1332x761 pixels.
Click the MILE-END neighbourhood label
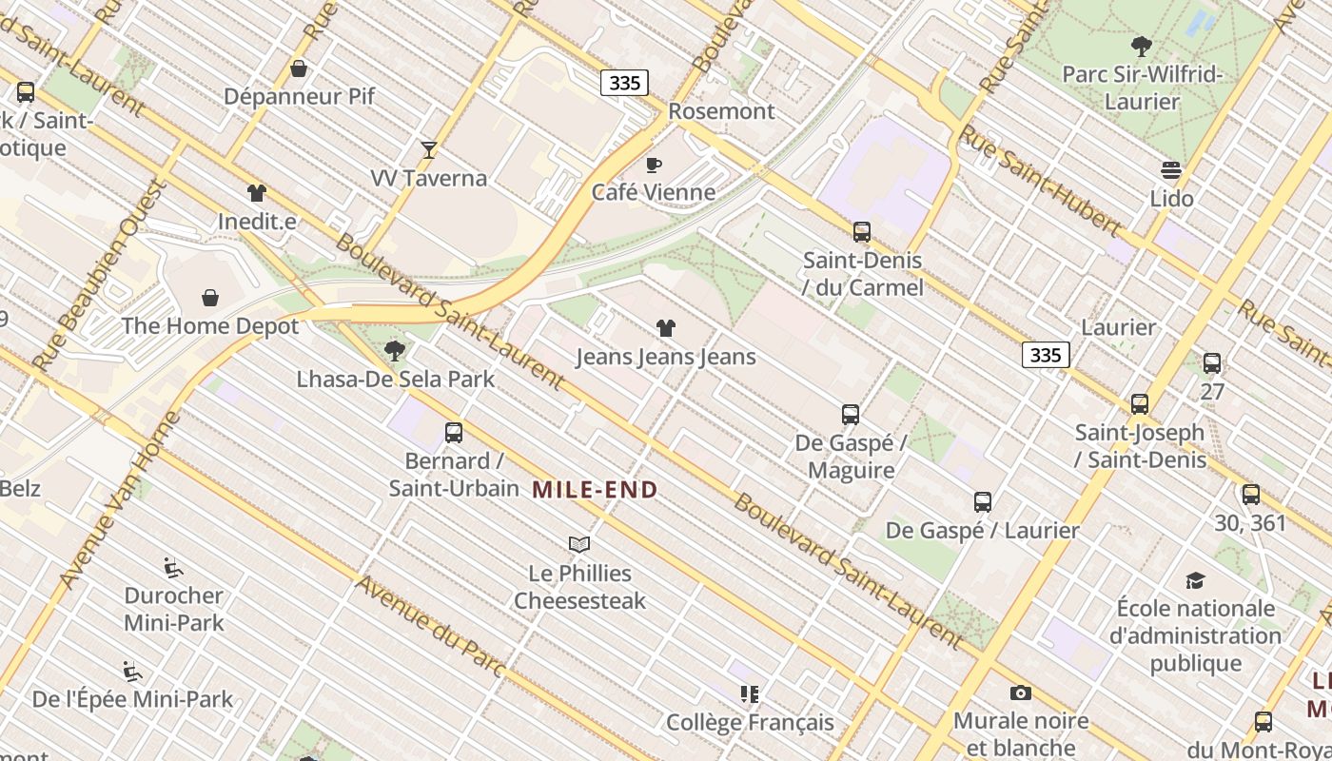tap(595, 490)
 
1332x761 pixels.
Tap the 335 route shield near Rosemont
tap(624, 83)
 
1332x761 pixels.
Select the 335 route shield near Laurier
tap(1046, 355)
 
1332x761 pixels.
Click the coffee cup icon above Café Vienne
tap(654, 165)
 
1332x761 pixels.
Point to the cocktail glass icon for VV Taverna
tap(429, 149)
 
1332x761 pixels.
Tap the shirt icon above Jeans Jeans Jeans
tap(666, 328)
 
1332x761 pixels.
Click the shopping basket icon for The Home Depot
tap(210, 298)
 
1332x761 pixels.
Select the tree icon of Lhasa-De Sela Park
tap(395, 351)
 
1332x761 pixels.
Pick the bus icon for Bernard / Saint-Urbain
tap(454, 433)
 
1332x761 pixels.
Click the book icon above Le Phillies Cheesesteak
tap(579, 545)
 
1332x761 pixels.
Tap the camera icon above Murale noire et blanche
tap(1020, 693)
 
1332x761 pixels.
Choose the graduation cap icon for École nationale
tap(1195, 580)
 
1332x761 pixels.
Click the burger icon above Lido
tap(1171, 170)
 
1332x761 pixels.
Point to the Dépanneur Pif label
tap(299, 96)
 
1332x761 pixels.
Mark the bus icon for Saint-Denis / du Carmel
tap(862, 231)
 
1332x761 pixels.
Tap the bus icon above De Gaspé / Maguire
tap(851, 415)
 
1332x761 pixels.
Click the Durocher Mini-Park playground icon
tap(173, 568)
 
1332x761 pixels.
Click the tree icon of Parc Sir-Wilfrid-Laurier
tap(1141, 46)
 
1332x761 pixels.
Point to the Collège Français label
tap(750, 723)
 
